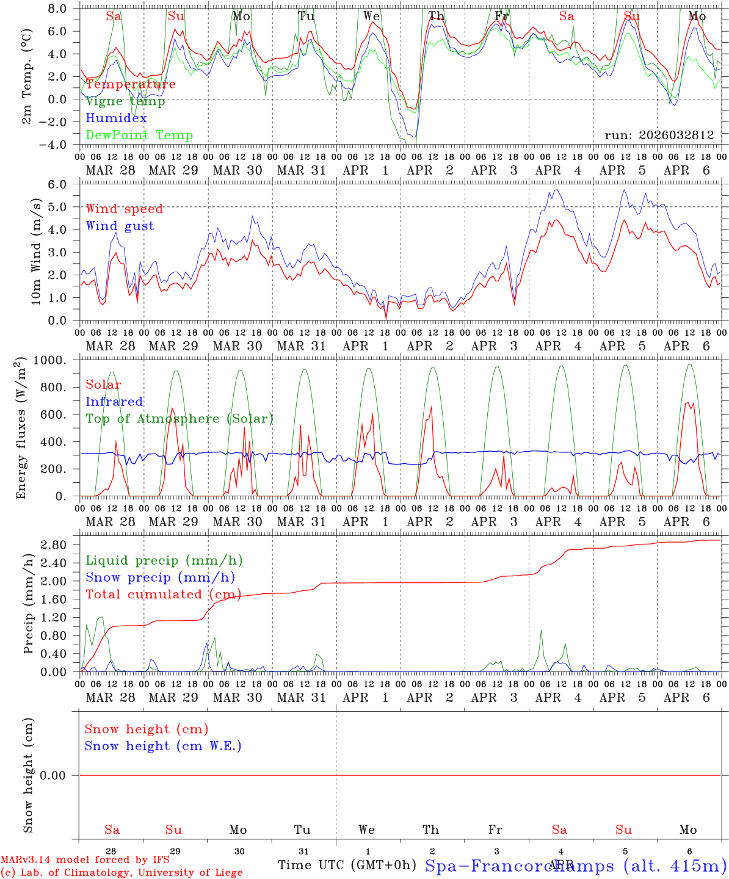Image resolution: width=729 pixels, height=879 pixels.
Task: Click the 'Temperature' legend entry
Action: (131, 84)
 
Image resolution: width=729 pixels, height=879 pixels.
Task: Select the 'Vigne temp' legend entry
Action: (125, 101)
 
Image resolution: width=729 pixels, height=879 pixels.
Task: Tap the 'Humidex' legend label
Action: (117, 118)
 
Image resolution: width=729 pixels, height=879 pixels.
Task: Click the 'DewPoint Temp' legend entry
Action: (139, 135)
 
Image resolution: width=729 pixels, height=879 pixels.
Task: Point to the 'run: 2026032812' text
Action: (659, 135)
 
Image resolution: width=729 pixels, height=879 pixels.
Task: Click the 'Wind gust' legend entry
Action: (120, 226)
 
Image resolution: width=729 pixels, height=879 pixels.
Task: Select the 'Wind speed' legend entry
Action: (125, 209)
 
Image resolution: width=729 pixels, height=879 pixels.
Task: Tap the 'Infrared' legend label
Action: (114, 402)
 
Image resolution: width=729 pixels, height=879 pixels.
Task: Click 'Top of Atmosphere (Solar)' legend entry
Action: (180, 419)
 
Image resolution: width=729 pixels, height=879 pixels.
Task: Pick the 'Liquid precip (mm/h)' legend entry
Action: (164, 560)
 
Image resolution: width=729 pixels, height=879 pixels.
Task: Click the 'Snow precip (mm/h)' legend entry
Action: (160, 577)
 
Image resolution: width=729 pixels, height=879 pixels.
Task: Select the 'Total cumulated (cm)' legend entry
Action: (163, 594)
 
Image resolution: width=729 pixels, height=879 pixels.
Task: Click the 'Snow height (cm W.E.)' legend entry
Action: (163, 746)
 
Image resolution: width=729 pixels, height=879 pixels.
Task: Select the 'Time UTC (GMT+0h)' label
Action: (347, 865)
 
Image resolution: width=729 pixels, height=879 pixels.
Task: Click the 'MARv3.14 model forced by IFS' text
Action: (85, 860)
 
